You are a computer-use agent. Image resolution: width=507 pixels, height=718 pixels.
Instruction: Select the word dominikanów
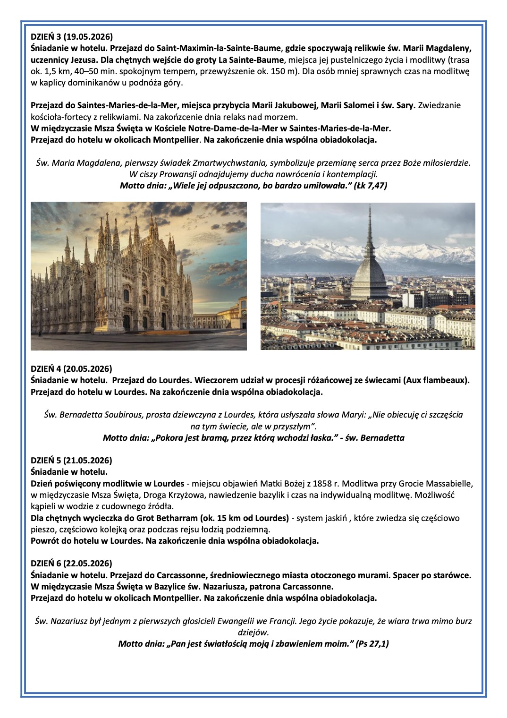pyautogui.click(x=87, y=83)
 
